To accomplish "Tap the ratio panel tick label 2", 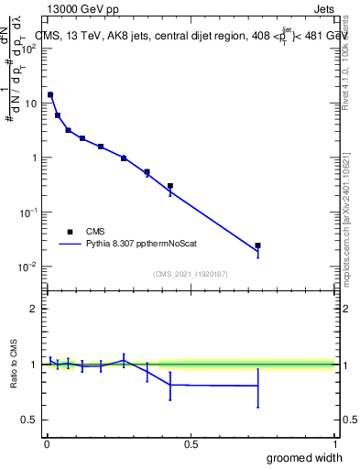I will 33,310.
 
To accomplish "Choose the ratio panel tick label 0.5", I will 30,420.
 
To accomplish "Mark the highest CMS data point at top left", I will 50,94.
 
